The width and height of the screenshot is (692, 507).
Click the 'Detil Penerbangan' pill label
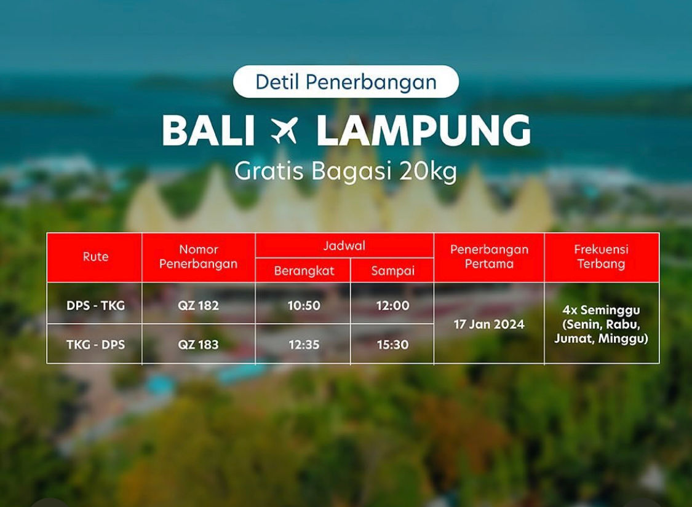[x=346, y=82]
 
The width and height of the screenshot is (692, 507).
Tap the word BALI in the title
[x=209, y=131]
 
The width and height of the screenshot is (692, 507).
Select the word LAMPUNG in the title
[x=424, y=131]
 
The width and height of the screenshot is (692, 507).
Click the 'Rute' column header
[x=95, y=257]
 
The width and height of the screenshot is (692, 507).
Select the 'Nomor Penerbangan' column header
[x=198, y=257]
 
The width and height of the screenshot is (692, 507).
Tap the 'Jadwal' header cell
[x=344, y=246]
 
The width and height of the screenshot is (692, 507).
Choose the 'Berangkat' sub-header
[x=304, y=270]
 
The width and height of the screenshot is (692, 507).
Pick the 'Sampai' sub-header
[x=393, y=270]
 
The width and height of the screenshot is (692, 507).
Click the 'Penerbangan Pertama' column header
[x=489, y=257]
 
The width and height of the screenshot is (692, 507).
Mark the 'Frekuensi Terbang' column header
[x=601, y=257]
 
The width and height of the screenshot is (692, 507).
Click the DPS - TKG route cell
[x=95, y=305]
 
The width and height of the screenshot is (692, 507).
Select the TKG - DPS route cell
[x=95, y=344]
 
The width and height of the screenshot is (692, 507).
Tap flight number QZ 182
[x=198, y=305]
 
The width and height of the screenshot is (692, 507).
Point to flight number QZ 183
[x=198, y=344]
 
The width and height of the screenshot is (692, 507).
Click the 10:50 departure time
[x=304, y=305]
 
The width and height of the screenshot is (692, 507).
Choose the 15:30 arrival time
[x=393, y=344]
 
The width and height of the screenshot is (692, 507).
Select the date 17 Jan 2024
[x=489, y=324]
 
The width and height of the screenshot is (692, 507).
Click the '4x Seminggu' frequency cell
[x=601, y=324]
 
